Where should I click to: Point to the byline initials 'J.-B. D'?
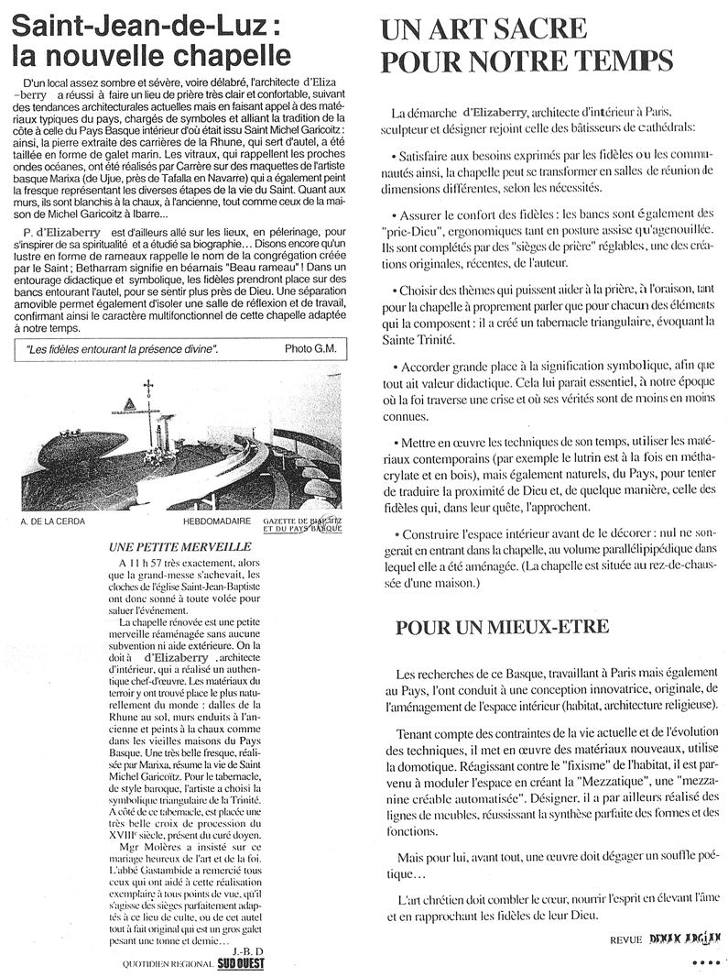250,950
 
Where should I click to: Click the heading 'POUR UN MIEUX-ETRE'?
490,629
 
